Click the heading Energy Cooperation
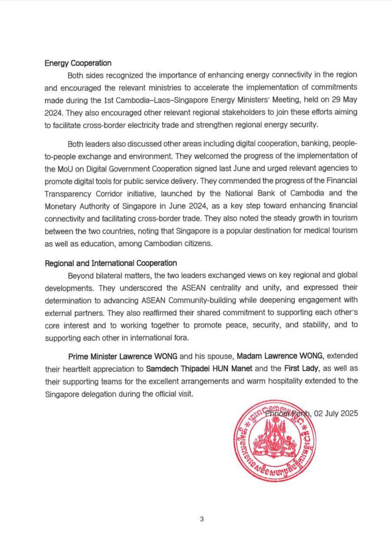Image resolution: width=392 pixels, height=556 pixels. tap(78, 63)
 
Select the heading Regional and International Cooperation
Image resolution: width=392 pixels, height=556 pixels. tap(111, 263)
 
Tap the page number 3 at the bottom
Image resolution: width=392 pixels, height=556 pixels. tap(201, 519)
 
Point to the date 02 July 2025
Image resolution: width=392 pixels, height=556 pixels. tap(336, 413)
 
